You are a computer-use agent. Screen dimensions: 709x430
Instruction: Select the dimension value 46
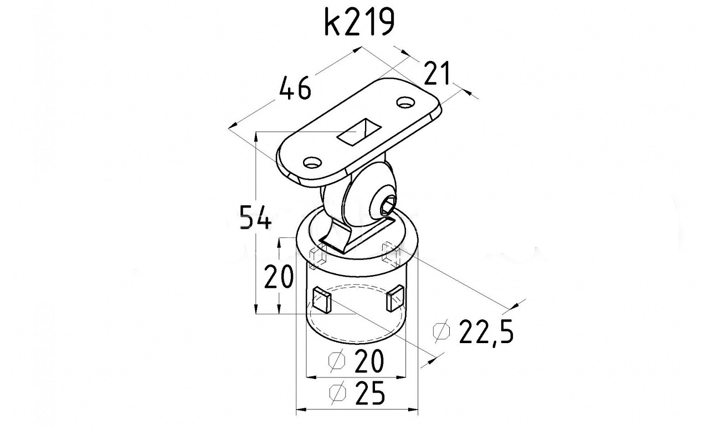click(295, 89)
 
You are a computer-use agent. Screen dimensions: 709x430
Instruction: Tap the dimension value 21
click(437, 74)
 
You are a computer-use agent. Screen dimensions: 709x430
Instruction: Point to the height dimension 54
click(256, 217)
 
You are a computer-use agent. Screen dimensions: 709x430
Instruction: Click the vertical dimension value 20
click(279, 277)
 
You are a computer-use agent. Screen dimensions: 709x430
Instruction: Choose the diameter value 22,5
click(486, 331)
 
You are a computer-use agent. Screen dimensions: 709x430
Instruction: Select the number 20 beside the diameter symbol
click(369, 360)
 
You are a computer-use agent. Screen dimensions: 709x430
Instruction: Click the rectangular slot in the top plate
click(359, 132)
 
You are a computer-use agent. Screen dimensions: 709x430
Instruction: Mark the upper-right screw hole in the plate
click(406, 102)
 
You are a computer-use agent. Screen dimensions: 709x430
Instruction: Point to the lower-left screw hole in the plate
click(312, 163)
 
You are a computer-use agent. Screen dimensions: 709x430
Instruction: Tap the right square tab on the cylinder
click(395, 298)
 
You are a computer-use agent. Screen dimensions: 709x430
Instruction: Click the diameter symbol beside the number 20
click(337, 361)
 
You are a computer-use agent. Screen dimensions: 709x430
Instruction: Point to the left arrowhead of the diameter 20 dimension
click(312, 377)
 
